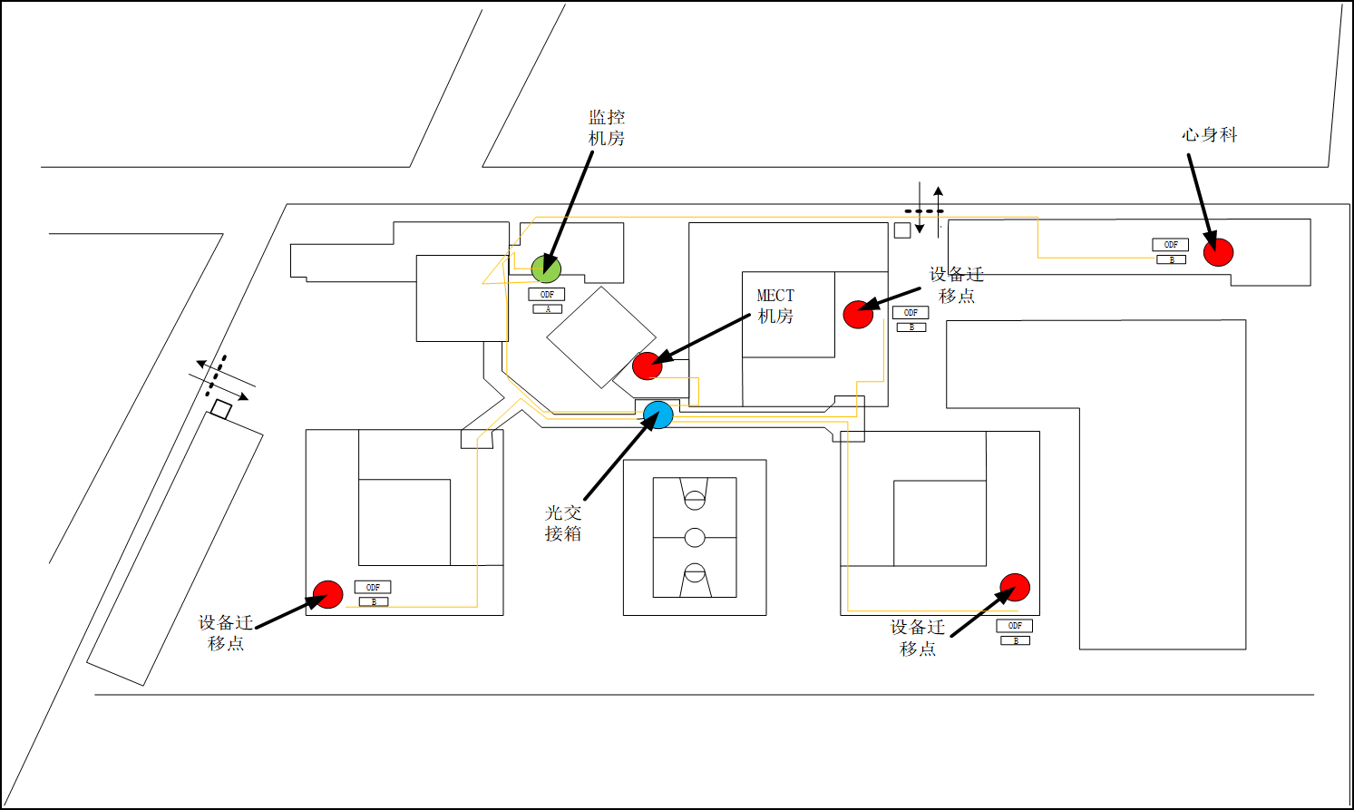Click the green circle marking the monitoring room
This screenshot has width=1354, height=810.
click(x=546, y=268)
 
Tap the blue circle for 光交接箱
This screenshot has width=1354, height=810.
click(x=658, y=415)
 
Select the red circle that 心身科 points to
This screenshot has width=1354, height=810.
click(x=1218, y=251)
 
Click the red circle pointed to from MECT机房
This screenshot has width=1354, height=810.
click(x=648, y=366)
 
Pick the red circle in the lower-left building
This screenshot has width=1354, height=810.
click(x=327, y=595)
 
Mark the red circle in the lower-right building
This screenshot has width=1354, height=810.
click(x=1015, y=588)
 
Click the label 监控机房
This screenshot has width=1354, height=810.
click(x=607, y=128)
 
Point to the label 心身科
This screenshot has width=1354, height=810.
click(x=1209, y=135)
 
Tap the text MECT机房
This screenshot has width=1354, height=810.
click(x=775, y=306)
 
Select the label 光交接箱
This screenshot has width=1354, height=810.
click(x=563, y=523)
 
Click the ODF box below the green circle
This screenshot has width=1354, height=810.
click(x=547, y=295)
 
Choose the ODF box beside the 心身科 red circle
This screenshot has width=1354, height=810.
click(x=1170, y=245)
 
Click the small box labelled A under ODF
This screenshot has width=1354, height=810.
click(x=548, y=309)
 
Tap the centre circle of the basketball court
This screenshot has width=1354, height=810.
click(x=695, y=537)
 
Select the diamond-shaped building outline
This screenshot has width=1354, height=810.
click(x=600, y=337)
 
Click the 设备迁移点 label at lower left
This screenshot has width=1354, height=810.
click(x=225, y=633)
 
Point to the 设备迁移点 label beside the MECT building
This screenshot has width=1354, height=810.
click(x=956, y=285)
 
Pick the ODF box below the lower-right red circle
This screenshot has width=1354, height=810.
click(x=1014, y=626)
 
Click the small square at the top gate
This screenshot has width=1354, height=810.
click(x=902, y=230)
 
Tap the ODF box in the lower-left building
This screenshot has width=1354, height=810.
click(x=373, y=588)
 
